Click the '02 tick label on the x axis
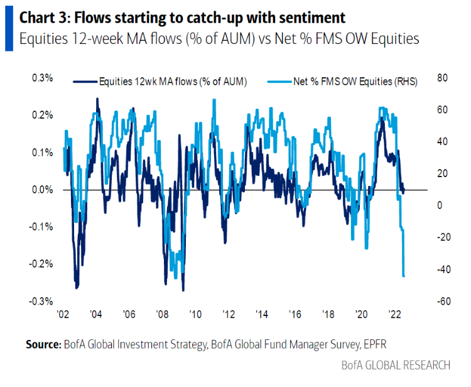(62, 313)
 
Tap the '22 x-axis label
(395, 313)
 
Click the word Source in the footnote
(43, 345)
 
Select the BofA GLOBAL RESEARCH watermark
(395, 365)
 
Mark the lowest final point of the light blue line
(404, 276)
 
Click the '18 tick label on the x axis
(328, 313)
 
